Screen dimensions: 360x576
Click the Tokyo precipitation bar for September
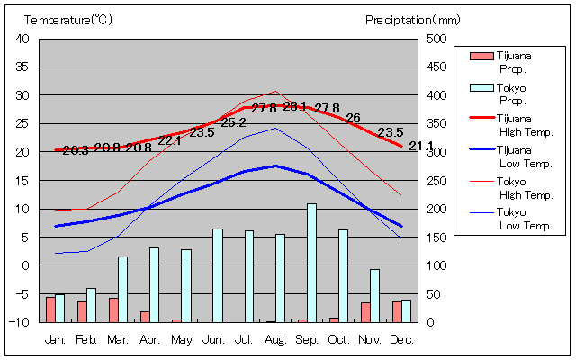[311, 263]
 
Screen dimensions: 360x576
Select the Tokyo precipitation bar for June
[217, 275]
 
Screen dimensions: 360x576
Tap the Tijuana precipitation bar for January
[50, 310]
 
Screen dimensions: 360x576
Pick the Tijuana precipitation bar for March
[113, 310]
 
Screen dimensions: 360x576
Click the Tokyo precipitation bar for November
[374, 295]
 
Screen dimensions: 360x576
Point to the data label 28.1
[295, 106]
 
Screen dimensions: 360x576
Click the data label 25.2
[233, 122]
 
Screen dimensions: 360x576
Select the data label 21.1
[420, 146]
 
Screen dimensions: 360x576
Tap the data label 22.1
[170, 140]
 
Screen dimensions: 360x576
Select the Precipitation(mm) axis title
[413, 20]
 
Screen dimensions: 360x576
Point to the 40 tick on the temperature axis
[22, 39]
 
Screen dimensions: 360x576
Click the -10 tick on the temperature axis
[21, 322]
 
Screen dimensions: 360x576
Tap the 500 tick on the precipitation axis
[436, 39]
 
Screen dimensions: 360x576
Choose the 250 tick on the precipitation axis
[436, 180]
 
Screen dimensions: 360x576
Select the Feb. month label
[86, 339]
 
